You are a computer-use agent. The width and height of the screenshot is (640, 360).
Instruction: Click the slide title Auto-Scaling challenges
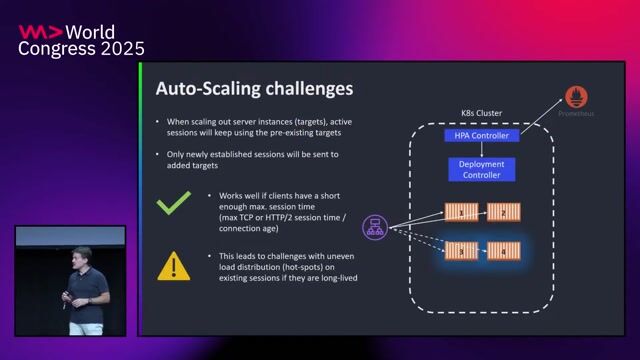pos(254,89)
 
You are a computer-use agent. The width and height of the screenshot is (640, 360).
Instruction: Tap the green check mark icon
pos(174,204)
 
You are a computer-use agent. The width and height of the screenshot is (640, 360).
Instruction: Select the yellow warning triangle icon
pos(174,265)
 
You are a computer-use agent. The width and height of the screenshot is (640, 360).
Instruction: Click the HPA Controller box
pos(481,135)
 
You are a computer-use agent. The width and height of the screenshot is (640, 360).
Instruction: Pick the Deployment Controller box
pos(481,169)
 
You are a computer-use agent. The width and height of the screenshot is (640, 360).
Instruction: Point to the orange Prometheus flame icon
pos(577,97)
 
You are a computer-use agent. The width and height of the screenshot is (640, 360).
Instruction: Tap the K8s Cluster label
pos(481,113)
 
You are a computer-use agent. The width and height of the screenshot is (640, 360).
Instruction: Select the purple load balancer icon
pos(374,228)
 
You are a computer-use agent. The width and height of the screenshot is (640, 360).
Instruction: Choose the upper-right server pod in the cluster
pos(502,212)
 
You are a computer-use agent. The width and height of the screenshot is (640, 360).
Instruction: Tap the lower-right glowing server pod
pos(502,249)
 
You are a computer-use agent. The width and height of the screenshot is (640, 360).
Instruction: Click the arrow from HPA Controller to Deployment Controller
pos(481,150)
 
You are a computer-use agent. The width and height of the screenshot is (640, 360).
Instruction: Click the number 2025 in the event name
pos(118,48)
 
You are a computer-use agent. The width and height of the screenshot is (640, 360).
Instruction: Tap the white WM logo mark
pos(41,32)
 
